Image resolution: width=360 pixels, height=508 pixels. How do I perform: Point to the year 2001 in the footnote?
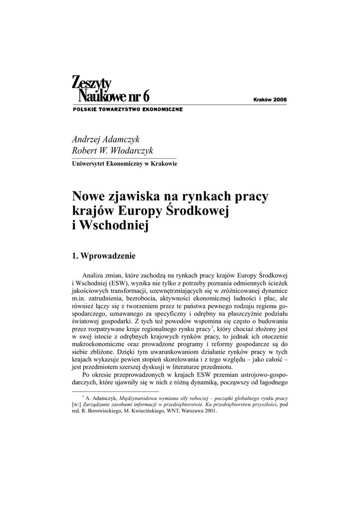(x=209, y=411)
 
